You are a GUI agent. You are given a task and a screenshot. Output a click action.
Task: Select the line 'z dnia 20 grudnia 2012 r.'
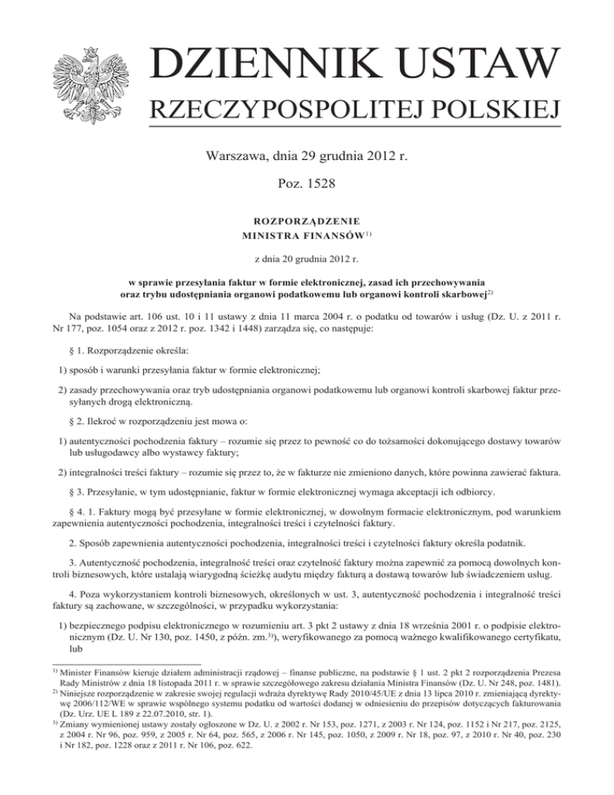point(307,259)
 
